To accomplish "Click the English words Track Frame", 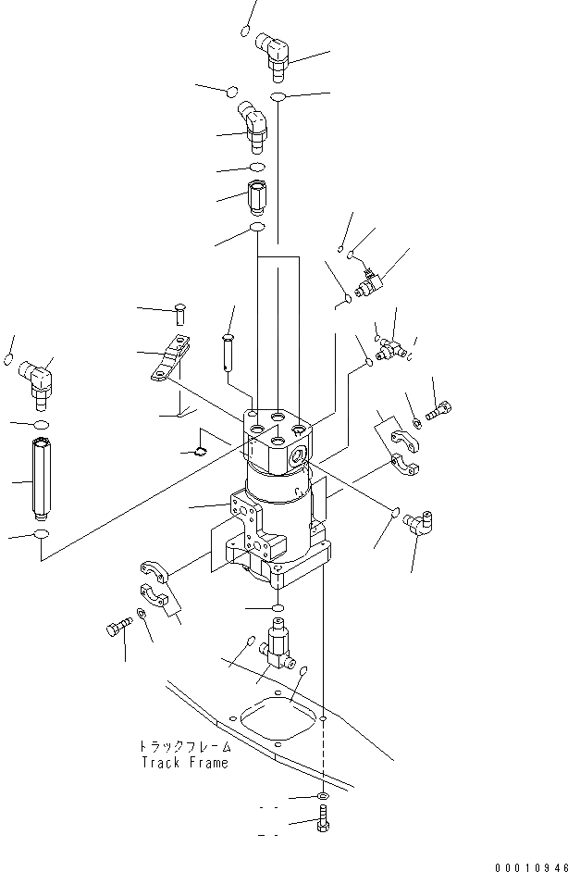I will tap(184, 763).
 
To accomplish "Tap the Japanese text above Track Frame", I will tap(184, 746).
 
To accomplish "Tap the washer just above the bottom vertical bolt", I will tap(320, 797).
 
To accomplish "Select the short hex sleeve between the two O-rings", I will tap(257, 198).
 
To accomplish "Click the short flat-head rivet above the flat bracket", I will tap(180, 314).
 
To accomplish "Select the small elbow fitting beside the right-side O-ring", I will tap(423, 524).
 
